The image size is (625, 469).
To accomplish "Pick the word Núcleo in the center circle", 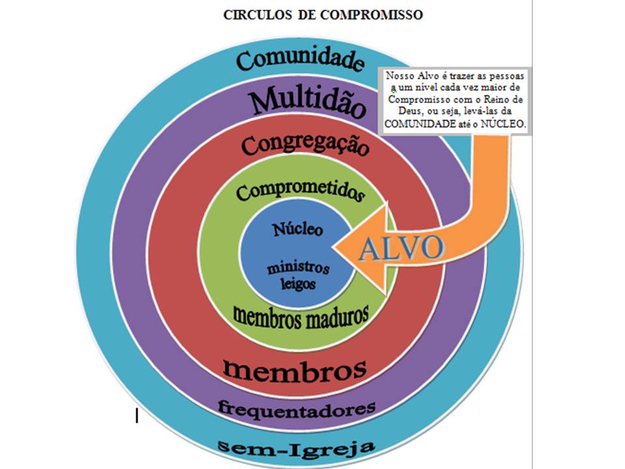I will point(298,229).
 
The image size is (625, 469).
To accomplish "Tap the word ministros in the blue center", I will point(298,268).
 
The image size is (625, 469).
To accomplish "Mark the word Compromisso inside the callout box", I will point(417,99).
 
